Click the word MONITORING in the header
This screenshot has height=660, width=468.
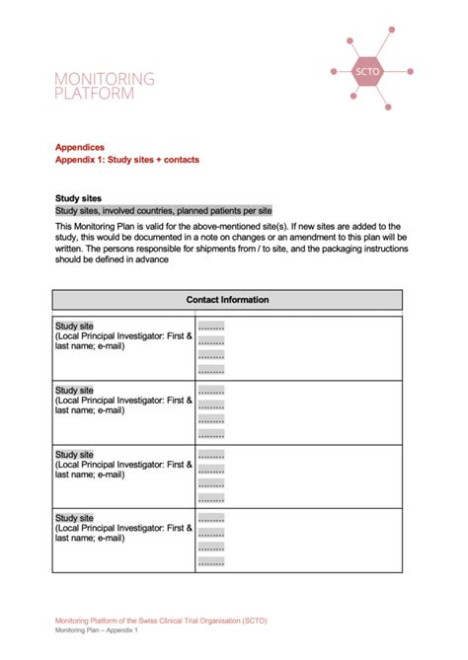click(x=105, y=78)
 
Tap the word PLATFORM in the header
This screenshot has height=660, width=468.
click(x=94, y=94)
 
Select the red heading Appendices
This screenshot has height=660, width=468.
click(x=80, y=147)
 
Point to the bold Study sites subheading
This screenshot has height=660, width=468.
click(x=78, y=198)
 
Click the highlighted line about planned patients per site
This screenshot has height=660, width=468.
click(x=163, y=211)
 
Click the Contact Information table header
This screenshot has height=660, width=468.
click(x=227, y=300)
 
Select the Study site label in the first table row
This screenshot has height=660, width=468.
click(x=75, y=327)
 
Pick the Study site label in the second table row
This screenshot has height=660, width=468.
click(x=75, y=390)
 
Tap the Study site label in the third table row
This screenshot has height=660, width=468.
click(x=75, y=454)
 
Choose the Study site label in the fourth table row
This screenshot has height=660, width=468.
click(x=75, y=518)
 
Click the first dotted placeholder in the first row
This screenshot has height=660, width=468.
click(x=211, y=328)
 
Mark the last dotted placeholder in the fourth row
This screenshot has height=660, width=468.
click(x=211, y=562)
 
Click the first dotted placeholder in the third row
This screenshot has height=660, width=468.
click(x=211, y=455)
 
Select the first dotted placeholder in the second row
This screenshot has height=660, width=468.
click(x=211, y=391)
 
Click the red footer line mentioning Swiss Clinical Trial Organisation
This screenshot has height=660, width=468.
click(x=161, y=621)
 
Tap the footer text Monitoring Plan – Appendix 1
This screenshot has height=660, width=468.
click(x=97, y=630)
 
